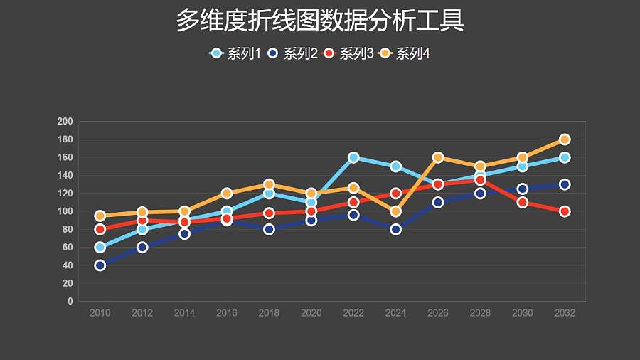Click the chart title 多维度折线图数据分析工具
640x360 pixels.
coord(320,21)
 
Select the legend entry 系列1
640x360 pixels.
coord(236,53)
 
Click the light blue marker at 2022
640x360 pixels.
coord(353,157)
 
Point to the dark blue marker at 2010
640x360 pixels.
coord(100,265)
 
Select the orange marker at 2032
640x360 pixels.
coord(565,139)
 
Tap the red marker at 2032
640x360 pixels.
coord(565,211)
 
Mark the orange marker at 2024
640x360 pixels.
coord(396,211)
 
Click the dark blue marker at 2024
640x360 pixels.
coord(396,229)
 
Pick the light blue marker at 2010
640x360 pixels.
coord(100,248)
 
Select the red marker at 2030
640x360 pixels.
coord(523,202)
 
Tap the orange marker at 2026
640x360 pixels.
coord(438,157)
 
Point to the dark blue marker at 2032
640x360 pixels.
coord(565,184)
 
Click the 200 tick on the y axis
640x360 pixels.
coord(65,122)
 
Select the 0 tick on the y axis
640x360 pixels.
coord(70,302)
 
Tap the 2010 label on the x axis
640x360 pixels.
coord(100,313)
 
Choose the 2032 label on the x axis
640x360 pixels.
coord(565,313)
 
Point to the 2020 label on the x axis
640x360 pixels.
coord(311,313)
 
